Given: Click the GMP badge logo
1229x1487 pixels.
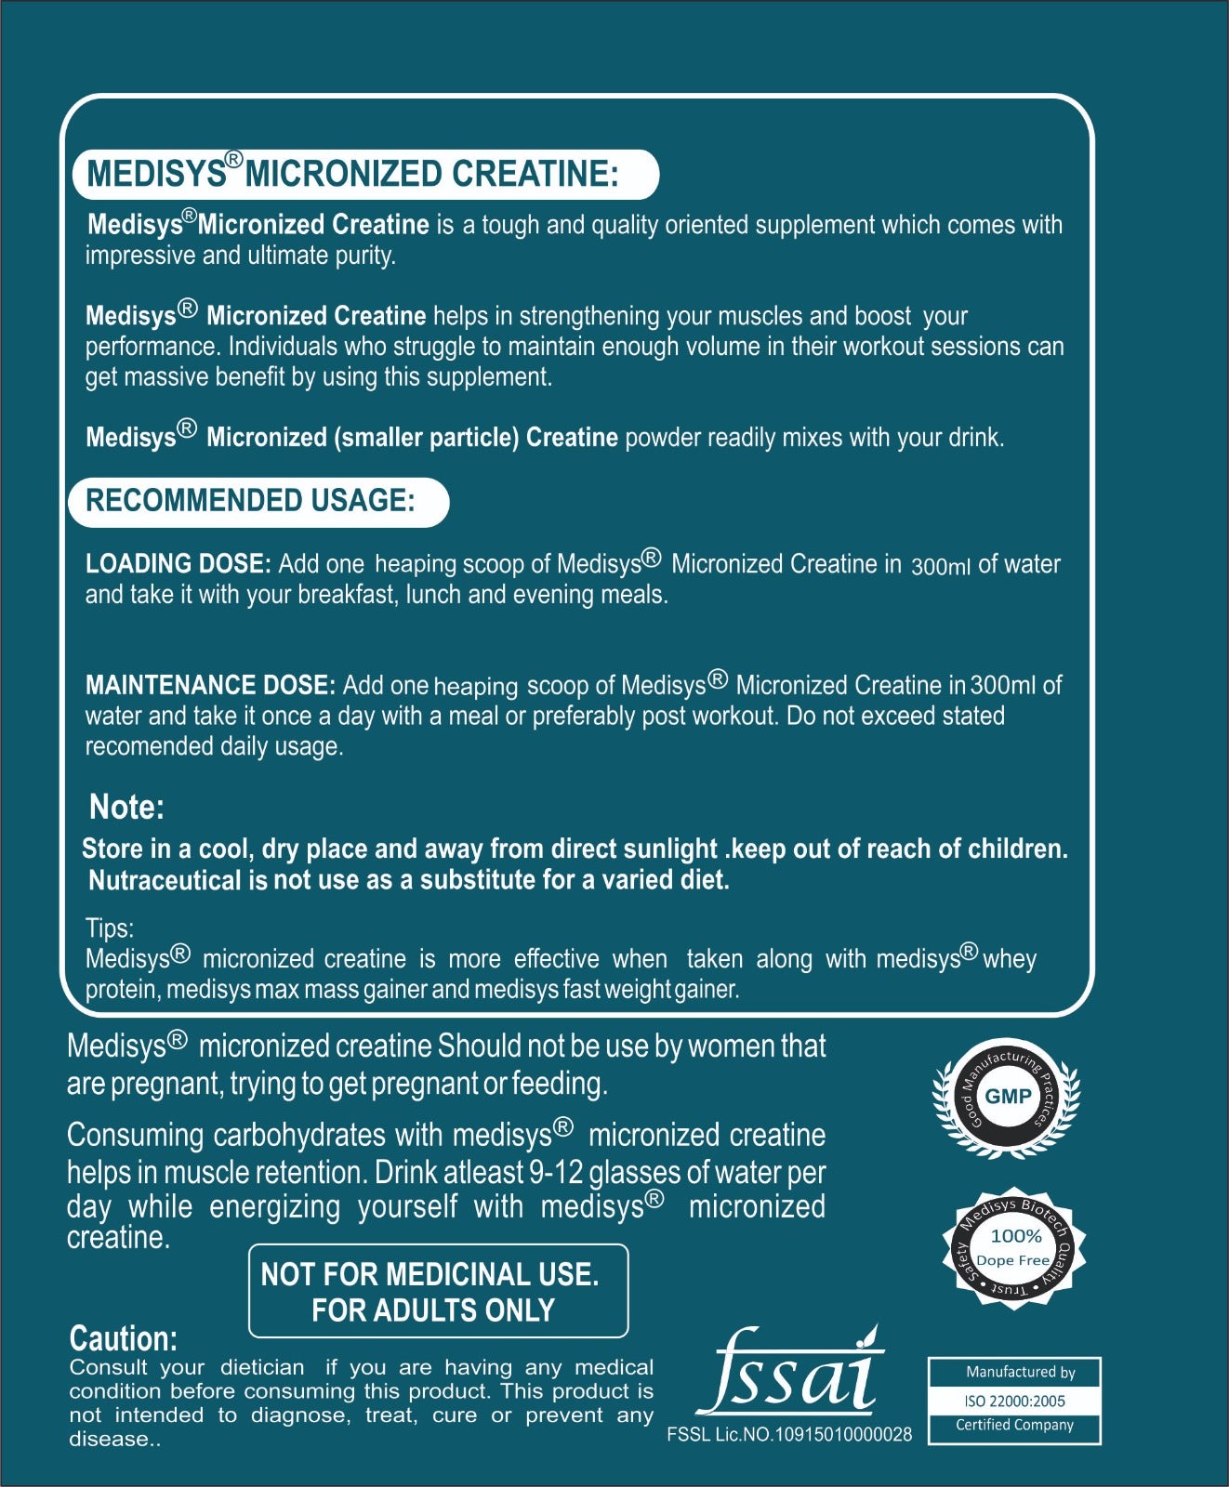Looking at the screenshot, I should [1007, 1097].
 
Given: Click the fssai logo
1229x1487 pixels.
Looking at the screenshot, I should [790, 1374].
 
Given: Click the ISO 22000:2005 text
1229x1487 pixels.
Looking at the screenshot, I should [1014, 1401].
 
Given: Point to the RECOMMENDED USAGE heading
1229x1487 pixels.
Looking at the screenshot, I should [251, 501].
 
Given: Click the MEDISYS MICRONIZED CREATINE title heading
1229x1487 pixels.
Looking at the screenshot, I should [353, 174].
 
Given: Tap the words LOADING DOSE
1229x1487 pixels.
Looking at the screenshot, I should [178, 564].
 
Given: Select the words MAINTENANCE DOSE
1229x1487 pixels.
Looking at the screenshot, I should [210, 686].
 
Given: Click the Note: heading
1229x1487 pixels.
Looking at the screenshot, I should [126, 807].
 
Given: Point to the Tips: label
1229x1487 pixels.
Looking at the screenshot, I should [110, 928].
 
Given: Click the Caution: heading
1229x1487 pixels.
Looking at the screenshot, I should [123, 1338].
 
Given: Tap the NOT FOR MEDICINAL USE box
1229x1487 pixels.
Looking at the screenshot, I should [438, 1291].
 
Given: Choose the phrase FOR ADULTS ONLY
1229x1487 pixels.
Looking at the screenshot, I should [433, 1310].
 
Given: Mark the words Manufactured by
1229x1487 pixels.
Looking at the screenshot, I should [1020, 1372].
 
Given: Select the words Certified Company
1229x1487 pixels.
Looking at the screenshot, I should [1014, 1425].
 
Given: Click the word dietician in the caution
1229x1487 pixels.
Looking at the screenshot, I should [262, 1367].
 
